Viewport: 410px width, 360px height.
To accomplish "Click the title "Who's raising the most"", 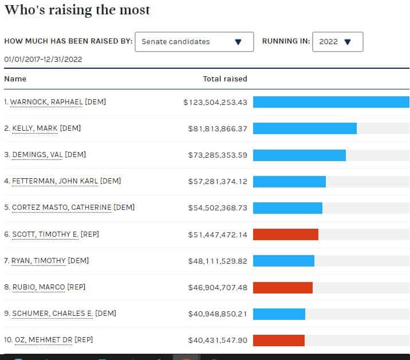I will [77, 10].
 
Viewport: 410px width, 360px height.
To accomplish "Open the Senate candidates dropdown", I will [194, 42].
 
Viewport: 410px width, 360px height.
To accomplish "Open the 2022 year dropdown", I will [337, 42].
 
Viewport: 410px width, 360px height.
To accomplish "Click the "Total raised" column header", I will [225, 79].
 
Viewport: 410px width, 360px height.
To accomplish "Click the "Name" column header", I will [15, 79].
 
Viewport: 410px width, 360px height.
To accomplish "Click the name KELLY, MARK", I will [35, 128].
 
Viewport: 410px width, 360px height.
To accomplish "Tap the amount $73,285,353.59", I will [218, 155].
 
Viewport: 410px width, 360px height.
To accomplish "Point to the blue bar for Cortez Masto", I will [287, 208].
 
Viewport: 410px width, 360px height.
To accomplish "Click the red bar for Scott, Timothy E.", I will [285, 234].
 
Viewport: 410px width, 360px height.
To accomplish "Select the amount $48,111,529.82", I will [218, 260].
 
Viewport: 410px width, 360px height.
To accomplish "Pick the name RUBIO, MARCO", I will [38, 287].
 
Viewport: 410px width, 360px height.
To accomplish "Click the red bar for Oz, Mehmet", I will [278, 341].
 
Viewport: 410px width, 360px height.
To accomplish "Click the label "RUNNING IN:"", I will [286, 41].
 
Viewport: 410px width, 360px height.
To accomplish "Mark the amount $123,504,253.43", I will [215, 102].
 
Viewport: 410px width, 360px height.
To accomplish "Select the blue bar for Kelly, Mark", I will [305, 128].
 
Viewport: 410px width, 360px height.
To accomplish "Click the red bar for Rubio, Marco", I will [282, 287].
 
